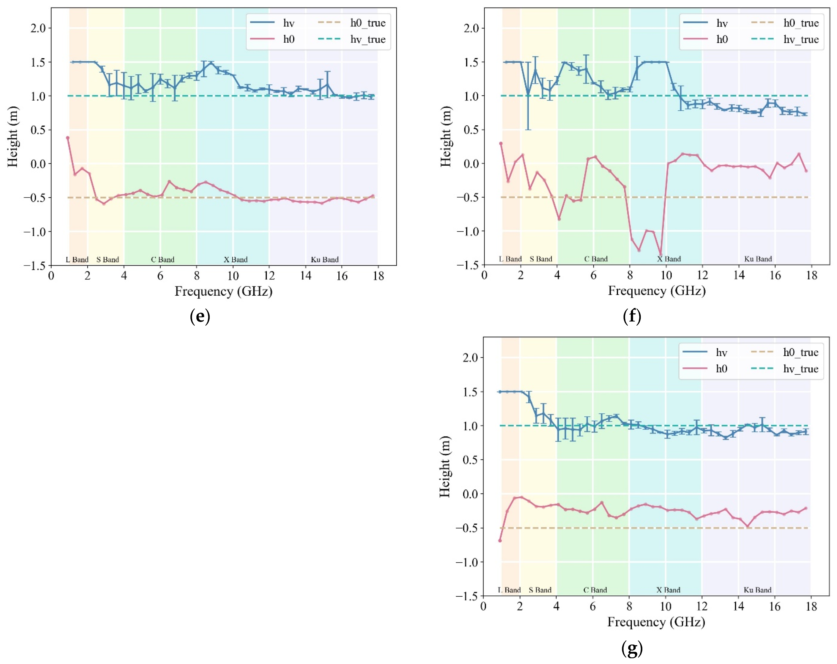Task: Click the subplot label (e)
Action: coord(200,317)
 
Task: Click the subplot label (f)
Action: coord(632,316)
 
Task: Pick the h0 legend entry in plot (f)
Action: coord(722,39)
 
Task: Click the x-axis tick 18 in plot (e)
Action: coord(378,276)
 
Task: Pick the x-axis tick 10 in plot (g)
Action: coord(665,607)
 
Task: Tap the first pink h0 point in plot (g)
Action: coord(500,541)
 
